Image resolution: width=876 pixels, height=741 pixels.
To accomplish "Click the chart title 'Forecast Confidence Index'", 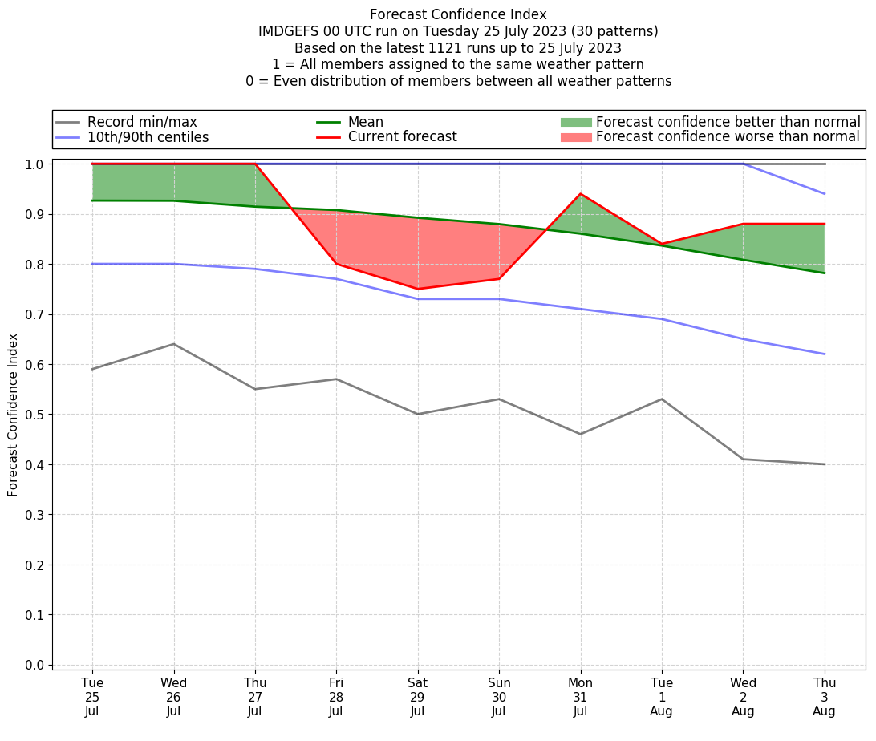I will [458, 14].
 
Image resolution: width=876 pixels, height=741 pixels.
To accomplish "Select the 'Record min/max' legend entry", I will [142, 122].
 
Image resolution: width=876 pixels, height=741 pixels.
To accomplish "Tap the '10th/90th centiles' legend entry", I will [148, 137].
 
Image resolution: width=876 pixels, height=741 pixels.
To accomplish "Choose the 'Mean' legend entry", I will [365, 122].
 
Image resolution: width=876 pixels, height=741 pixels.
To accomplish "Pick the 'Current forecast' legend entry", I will [402, 137].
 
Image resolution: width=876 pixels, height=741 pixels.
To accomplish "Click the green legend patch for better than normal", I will [576, 122].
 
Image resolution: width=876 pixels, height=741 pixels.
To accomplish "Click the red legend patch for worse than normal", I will [576, 137].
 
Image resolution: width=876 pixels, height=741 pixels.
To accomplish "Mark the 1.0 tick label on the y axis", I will [35, 164].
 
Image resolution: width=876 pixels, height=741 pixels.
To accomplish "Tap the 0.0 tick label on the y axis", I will [35, 665].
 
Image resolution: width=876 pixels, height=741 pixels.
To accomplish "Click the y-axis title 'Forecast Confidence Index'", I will [14, 415].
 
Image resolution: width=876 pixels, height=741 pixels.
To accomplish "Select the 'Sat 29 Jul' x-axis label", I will [417, 696].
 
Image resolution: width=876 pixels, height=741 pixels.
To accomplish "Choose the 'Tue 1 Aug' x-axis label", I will [662, 696].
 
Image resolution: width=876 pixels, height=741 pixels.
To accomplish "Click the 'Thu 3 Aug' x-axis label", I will [824, 696].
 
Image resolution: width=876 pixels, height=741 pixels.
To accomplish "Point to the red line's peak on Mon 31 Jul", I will [580, 194].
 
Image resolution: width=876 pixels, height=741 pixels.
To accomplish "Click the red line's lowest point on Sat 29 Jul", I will [417, 289].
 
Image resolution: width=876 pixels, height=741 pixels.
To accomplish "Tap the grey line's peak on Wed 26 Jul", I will [174, 344].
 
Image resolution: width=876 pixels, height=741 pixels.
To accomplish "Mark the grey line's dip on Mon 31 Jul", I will [580, 434].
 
